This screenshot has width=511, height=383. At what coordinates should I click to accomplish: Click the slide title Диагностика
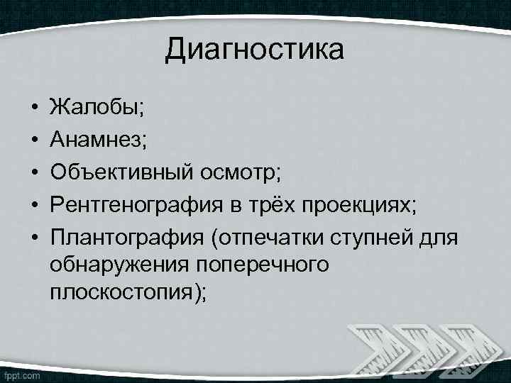(255, 50)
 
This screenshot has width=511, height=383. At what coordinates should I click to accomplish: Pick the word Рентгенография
(136, 204)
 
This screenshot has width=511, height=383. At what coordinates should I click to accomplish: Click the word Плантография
(126, 235)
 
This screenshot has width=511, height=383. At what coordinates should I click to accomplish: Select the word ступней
(375, 235)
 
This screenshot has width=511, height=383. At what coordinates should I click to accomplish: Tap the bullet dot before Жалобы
(33, 109)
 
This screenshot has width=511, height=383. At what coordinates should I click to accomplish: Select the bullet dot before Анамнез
(33, 140)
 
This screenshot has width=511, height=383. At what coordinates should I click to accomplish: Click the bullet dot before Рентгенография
(33, 204)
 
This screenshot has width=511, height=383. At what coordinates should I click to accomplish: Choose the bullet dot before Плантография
(33, 236)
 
